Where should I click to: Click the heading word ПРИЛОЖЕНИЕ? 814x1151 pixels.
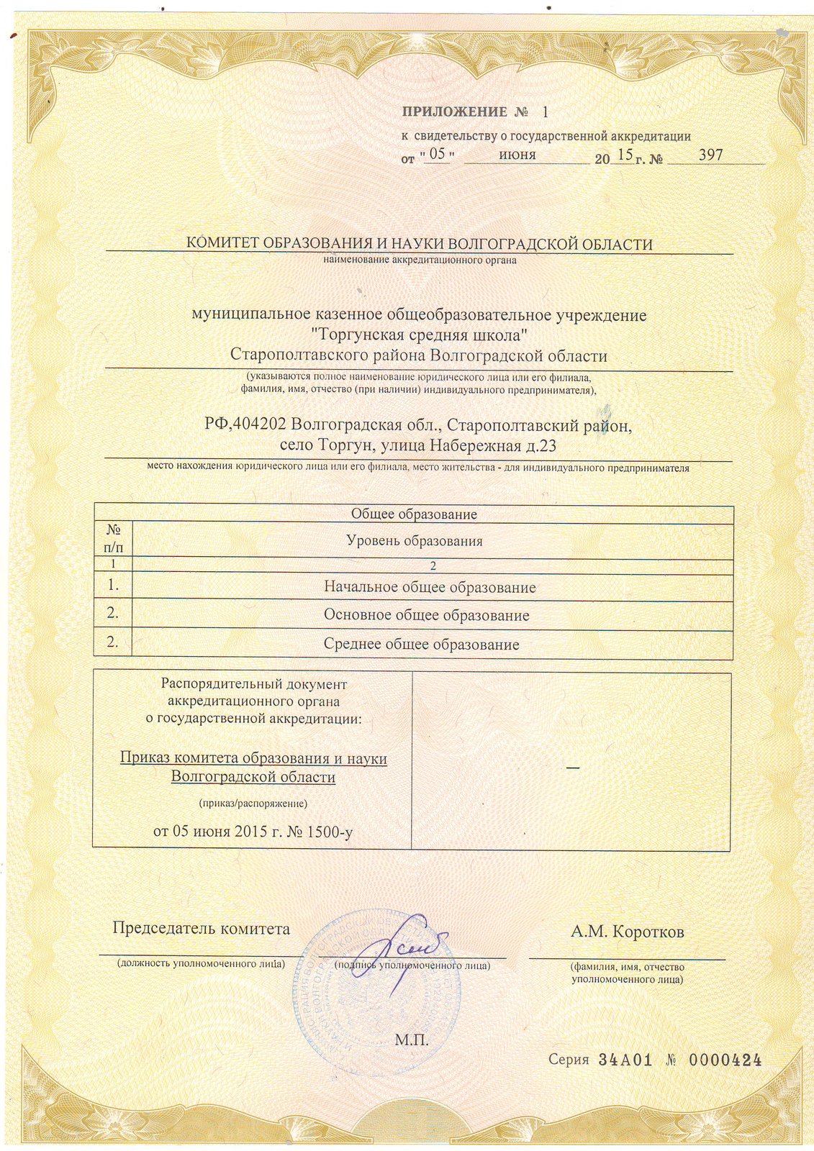[x=454, y=112]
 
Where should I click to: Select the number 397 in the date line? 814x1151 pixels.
[x=710, y=155]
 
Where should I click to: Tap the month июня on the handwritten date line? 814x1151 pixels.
[x=517, y=155]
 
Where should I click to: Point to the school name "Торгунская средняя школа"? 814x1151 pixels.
[x=418, y=335]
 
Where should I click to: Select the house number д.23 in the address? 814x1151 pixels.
[x=542, y=446]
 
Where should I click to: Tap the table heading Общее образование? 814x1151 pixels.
[x=414, y=514]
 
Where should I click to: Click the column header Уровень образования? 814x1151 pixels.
[x=414, y=541]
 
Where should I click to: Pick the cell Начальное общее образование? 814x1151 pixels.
[x=430, y=587]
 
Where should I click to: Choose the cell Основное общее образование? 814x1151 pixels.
[x=426, y=616]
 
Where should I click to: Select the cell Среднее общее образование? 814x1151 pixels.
[x=421, y=645]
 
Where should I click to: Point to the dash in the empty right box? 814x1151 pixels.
[x=573, y=770]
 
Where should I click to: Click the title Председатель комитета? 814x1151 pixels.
[x=202, y=928]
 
